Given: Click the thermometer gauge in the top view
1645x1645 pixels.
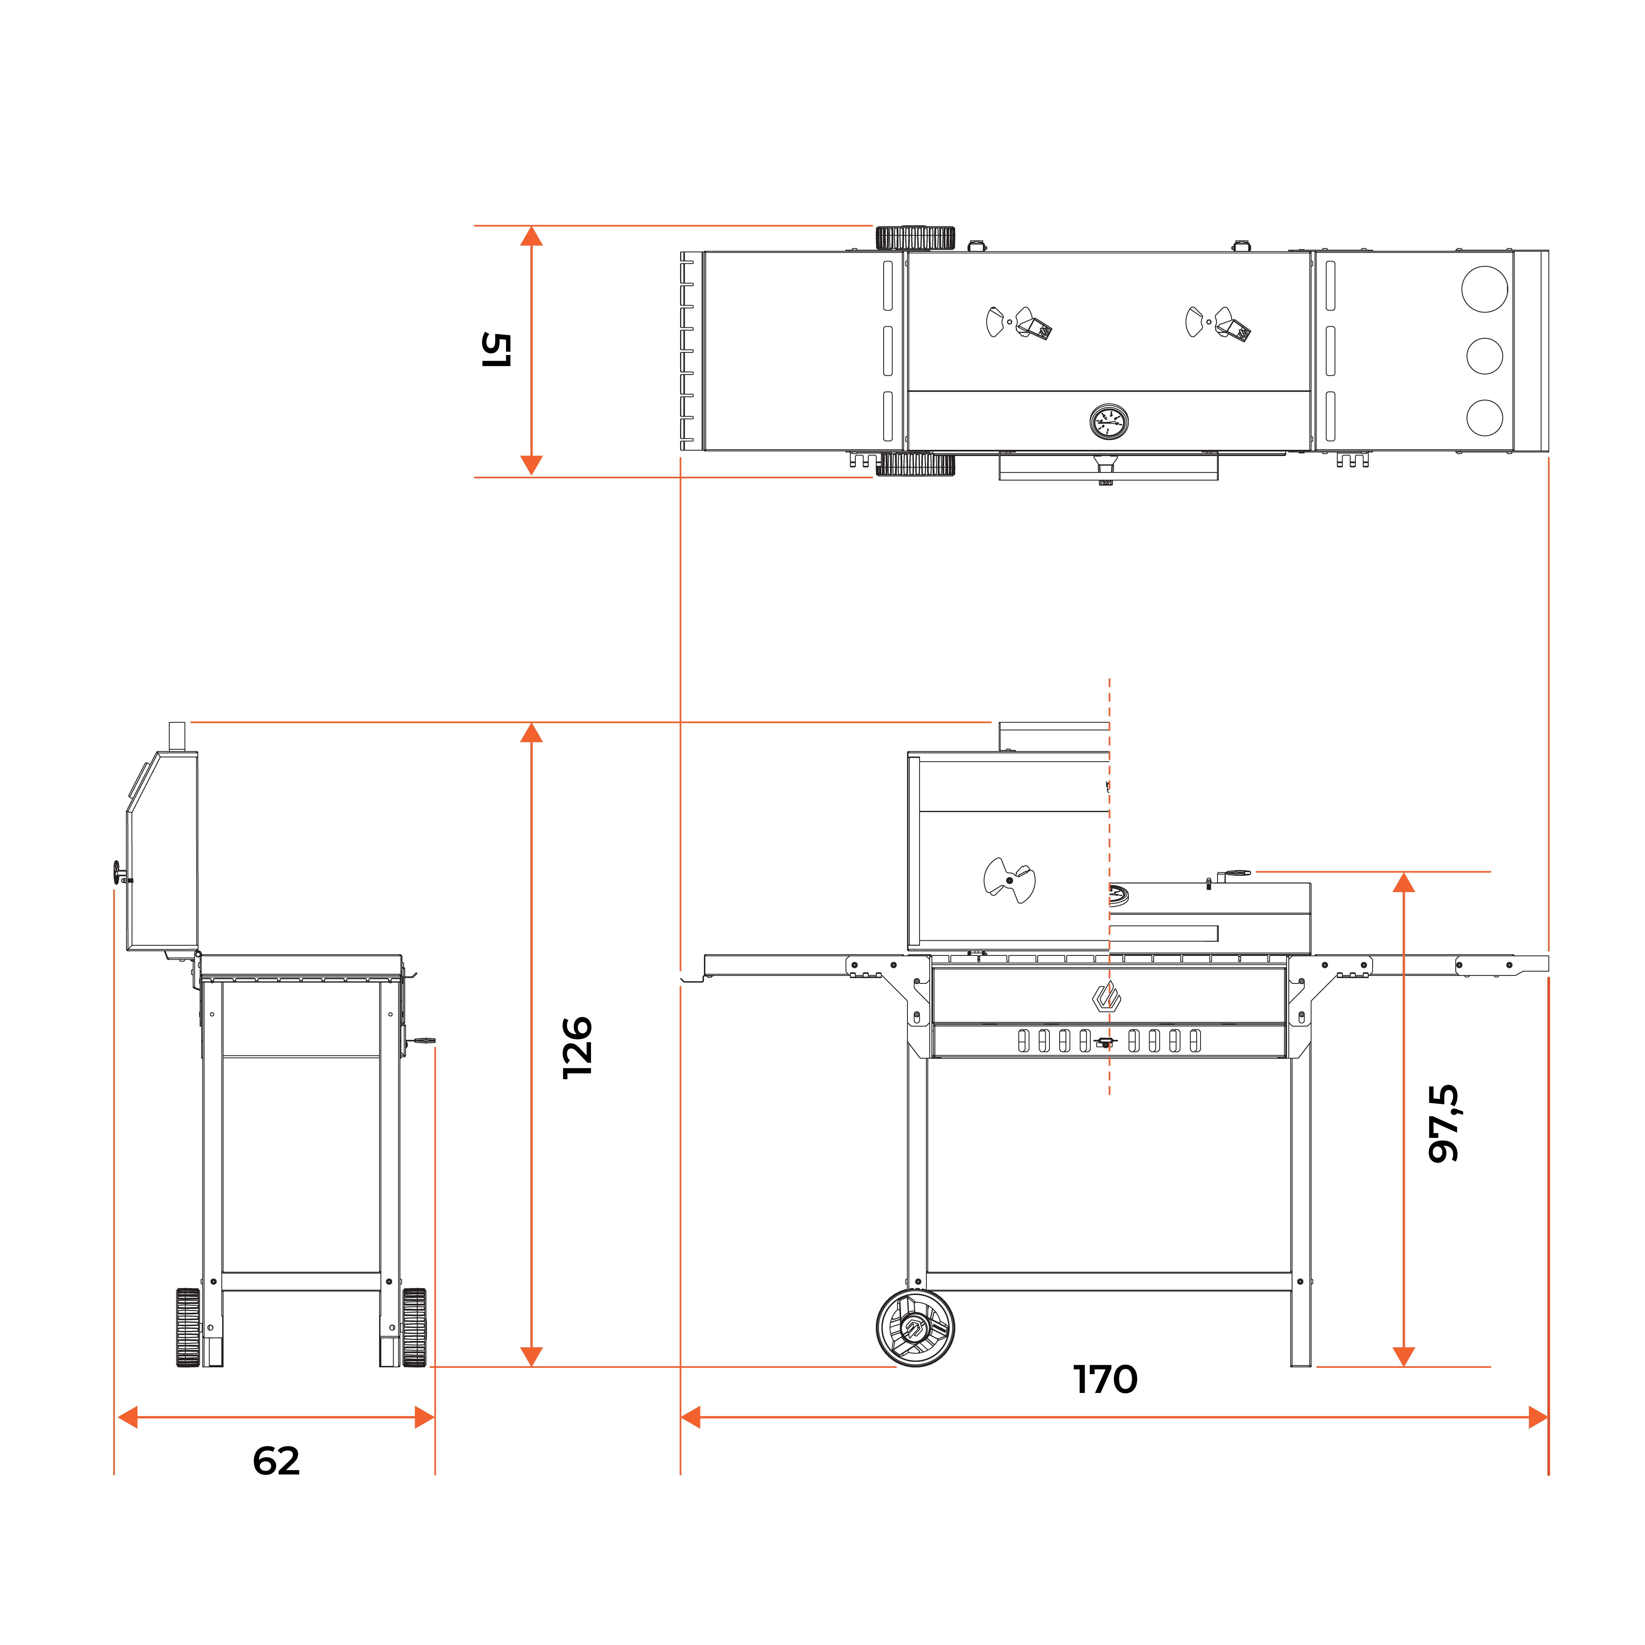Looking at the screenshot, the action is point(1109,421).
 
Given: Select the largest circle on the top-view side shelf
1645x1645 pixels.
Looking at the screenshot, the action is point(1484,289).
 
